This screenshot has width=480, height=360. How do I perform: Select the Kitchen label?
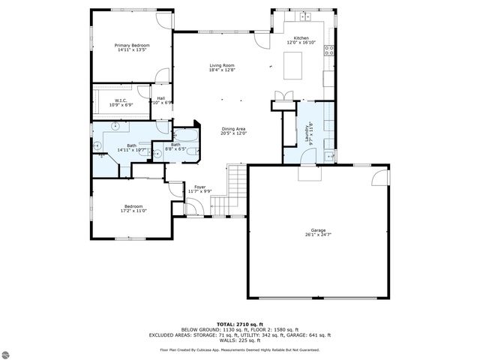click(x=301, y=40)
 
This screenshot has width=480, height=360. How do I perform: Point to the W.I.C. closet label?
click(x=120, y=102)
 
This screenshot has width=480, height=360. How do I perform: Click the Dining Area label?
click(x=233, y=130)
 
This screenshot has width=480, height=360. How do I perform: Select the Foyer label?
click(x=199, y=188)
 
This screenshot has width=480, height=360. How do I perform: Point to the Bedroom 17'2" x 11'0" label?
click(x=133, y=208)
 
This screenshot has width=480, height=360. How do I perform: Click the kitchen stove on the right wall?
click(x=328, y=51)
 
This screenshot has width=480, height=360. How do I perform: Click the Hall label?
click(x=160, y=100)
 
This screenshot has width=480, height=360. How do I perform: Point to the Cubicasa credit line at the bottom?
click(x=239, y=349)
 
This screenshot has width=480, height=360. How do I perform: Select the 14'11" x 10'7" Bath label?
click(x=131, y=148)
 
